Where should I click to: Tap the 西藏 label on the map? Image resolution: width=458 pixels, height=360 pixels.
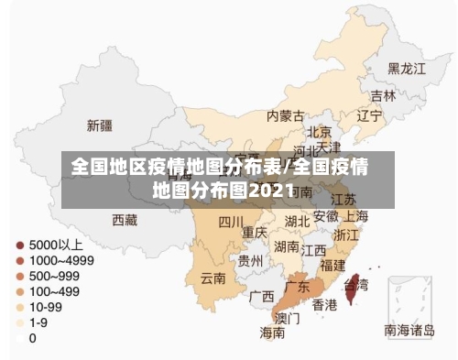point(125,220)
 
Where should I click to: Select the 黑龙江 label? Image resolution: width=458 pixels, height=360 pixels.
point(407,69)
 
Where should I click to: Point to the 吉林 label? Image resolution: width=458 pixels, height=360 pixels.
point(383,95)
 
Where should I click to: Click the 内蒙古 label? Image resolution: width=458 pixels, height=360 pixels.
point(285,116)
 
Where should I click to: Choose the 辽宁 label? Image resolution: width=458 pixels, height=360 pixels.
point(368,115)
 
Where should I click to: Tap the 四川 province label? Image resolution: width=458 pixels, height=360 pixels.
point(231,222)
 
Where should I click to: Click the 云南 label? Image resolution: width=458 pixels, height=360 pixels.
point(213,278)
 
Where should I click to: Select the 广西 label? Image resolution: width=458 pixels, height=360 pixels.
point(261,297)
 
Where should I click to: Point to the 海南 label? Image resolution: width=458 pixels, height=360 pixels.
point(272,333)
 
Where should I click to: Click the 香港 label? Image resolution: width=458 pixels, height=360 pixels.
point(324,304)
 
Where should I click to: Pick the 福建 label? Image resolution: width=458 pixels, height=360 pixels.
point(333,264)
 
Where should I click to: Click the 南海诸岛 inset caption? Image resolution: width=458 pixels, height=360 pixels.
point(410,330)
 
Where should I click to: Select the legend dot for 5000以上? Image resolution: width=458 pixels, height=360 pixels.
point(18,245)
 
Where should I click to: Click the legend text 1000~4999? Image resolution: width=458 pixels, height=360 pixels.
point(60,260)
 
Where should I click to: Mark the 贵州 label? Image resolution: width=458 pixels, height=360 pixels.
point(250,260)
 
